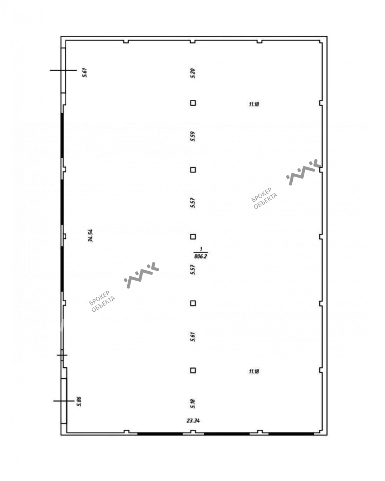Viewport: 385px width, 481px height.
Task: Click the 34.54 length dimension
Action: tap(90, 235)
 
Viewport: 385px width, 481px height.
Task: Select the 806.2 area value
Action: tap(201, 256)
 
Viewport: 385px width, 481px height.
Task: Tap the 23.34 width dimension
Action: tap(193, 421)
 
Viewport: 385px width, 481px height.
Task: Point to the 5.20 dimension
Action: tap(192, 73)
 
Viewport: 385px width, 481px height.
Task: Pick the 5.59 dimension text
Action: tap(192, 136)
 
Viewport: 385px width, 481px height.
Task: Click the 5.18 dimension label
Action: tap(192, 403)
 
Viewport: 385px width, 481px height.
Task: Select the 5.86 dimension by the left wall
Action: tap(79, 401)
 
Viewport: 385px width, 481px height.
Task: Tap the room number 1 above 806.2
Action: tap(201, 249)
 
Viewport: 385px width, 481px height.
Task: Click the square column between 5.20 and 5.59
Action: tap(193, 103)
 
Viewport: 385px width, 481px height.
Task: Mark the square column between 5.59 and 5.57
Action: tap(193, 170)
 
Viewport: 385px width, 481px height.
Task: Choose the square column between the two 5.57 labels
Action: tap(193, 237)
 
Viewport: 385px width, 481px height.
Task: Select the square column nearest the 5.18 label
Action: tap(193, 370)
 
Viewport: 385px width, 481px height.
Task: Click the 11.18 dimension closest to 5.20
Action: tap(254, 104)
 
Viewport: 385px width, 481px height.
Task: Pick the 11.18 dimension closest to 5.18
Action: tap(254, 372)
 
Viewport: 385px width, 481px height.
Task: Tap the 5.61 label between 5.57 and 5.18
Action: tap(192, 337)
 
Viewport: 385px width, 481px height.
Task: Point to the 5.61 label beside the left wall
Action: tap(84, 72)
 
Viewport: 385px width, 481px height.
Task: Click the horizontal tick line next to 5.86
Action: tap(64, 401)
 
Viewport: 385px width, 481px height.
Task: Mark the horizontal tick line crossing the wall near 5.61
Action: tap(63, 70)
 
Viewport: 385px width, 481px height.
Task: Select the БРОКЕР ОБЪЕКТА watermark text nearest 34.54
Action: tap(102, 301)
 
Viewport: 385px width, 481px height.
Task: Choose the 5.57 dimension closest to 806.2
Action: tap(192, 270)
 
